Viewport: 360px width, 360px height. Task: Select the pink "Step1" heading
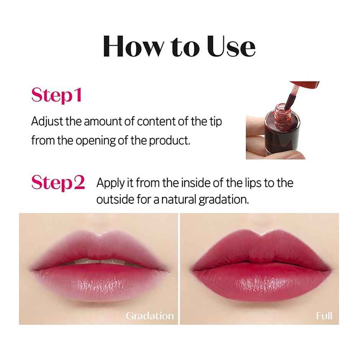(x=56, y=96)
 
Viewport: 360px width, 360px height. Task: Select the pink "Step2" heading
(x=58, y=183)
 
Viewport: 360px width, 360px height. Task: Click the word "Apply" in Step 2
(x=110, y=183)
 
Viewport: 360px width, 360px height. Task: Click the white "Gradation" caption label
(x=149, y=316)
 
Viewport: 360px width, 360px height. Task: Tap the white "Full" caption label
(x=324, y=316)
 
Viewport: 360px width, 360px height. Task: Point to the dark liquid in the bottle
(x=283, y=138)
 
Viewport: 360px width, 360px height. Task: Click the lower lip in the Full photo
(x=260, y=283)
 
